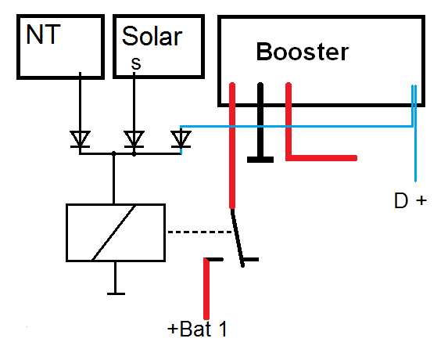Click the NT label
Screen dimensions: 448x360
click(43, 34)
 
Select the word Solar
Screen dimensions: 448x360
click(152, 36)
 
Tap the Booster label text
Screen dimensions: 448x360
click(303, 52)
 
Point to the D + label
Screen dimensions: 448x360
click(410, 200)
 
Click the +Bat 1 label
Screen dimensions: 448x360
click(197, 329)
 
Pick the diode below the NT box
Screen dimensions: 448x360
click(80, 139)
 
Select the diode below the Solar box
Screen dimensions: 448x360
click(134, 139)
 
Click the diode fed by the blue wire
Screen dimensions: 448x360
click(181, 139)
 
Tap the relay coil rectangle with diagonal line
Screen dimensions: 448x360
click(116, 232)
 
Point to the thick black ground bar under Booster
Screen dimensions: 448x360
click(260, 123)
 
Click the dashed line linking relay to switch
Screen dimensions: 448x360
click(199, 232)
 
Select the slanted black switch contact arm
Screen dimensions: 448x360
click(238, 238)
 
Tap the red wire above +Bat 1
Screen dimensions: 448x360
click(206, 288)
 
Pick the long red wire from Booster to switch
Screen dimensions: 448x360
click(232, 146)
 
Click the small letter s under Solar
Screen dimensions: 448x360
click(136, 63)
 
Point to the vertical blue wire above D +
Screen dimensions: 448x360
click(415, 133)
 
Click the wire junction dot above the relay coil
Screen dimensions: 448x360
click(113, 153)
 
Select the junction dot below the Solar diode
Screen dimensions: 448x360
click(134, 154)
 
